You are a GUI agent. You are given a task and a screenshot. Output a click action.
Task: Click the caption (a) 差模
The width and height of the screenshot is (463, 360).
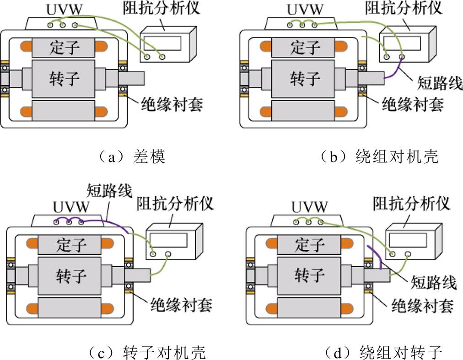(x=132, y=156)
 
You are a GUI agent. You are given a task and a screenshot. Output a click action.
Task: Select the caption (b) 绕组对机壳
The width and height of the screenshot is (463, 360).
(x=380, y=156)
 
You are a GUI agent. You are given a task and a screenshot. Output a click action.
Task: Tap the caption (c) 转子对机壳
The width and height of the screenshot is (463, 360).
(x=147, y=352)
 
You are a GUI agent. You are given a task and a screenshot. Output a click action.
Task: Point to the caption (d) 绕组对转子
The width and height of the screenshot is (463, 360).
(x=383, y=352)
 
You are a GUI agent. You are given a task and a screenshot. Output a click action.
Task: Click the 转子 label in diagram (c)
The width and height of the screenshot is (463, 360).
(x=71, y=276)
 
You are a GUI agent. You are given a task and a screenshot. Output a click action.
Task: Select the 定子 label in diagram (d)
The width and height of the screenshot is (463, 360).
(x=310, y=245)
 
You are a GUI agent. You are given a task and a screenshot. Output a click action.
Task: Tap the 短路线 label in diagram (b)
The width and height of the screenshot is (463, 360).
(x=440, y=83)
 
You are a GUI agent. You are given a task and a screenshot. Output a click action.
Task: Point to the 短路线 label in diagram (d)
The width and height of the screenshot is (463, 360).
(x=434, y=282)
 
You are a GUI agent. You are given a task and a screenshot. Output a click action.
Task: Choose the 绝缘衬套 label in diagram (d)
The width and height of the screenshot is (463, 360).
(x=423, y=305)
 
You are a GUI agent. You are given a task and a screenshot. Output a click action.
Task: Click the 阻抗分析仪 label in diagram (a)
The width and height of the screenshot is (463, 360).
(x=162, y=8)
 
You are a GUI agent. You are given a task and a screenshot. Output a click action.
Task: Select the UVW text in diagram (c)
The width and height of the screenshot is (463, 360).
(x=71, y=207)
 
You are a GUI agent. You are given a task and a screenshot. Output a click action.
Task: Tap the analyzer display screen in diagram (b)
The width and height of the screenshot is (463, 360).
(x=402, y=43)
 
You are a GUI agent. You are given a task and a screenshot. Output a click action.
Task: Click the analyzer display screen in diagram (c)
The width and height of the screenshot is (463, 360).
(x=168, y=241)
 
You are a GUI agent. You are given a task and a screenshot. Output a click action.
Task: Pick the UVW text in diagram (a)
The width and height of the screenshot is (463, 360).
(x=65, y=10)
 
